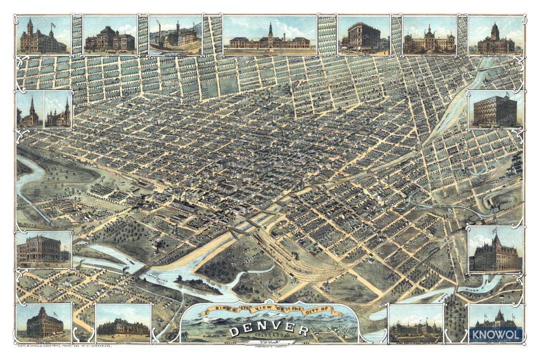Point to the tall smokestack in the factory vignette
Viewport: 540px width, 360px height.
tap(159, 31)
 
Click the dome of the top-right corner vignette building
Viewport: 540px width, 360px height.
tap(495, 30)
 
